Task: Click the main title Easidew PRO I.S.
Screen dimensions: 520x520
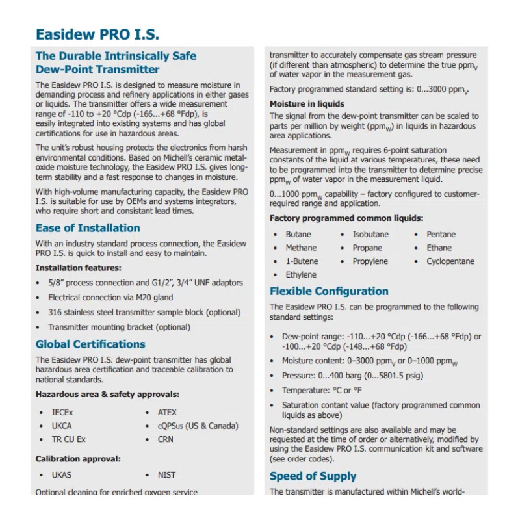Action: tap(97, 34)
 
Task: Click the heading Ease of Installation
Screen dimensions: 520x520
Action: tap(88, 228)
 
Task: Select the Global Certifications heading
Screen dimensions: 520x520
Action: tap(90, 344)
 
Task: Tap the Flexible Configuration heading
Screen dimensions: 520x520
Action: tap(329, 291)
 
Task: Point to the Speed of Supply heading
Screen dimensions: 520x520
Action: tap(313, 476)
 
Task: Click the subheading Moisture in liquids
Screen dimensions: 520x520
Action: tap(307, 104)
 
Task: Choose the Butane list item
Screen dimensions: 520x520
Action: tap(298, 235)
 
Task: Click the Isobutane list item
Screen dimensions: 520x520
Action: tap(370, 235)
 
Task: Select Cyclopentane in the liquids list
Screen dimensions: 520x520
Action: tap(450, 261)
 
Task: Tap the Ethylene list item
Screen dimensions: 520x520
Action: tap(301, 275)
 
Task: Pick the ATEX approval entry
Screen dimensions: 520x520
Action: tap(167, 413)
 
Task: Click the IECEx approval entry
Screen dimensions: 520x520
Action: tap(62, 413)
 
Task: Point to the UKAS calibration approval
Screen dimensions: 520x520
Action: tap(62, 475)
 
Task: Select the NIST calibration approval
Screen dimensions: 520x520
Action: tap(166, 475)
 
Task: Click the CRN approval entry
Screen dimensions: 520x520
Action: tap(166, 439)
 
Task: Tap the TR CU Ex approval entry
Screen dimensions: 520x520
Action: tap(68, 439)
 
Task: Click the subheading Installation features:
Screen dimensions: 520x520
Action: tap(78, 268)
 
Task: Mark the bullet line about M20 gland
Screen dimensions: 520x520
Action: tap(110, 298)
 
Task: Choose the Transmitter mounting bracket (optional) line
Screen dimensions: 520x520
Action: tap(119, 328)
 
